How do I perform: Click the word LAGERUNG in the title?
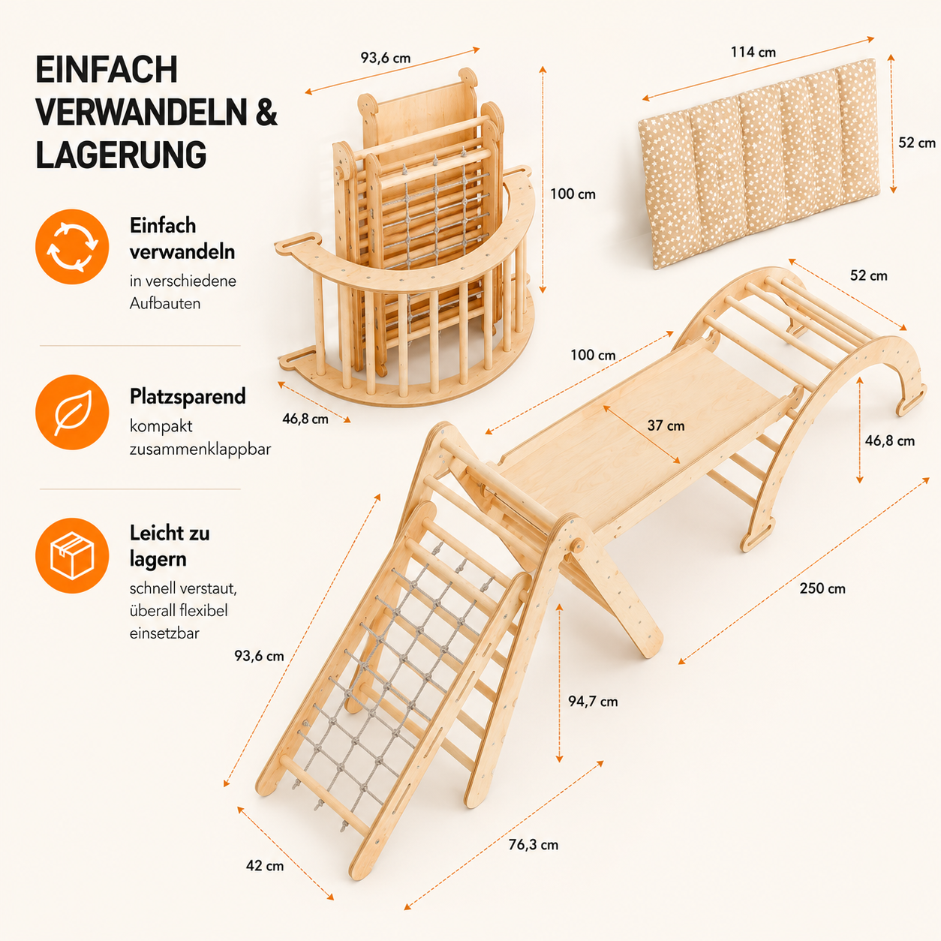click(121, 155)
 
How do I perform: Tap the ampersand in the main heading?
click(266, 113)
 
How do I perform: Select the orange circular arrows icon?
click(72, 247)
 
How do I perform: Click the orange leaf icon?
click(72, 413)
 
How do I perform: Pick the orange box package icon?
click(72, 556)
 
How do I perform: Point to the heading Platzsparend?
click(188, 396)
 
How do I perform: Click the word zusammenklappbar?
click(200, 449)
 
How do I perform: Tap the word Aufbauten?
click(165, 303)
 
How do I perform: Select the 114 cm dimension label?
click(753, 53)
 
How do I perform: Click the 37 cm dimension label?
click(666, 425)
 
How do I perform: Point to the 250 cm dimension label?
click(822, 588)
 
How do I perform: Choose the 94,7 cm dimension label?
click(593, 702)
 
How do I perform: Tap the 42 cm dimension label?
click(265, 866)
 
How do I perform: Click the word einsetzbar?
click(164, 633)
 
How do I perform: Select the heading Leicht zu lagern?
click(170, 546)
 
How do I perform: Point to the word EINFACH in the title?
click(107, 70)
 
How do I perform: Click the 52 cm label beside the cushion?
click(917, 143)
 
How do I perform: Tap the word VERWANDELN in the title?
click(141, 113)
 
